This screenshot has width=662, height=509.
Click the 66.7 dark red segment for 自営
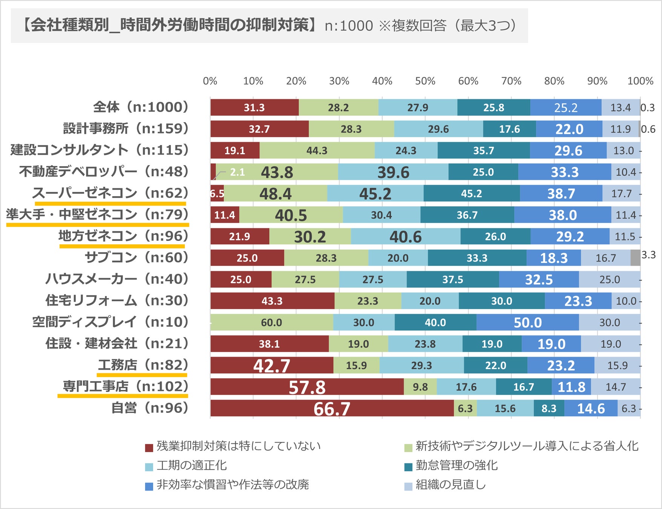point(332,408)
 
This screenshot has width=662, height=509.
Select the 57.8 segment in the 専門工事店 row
point(307,387)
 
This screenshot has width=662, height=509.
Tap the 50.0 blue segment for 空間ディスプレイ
point(527,322)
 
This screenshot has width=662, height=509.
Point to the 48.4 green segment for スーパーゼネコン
point(275,193)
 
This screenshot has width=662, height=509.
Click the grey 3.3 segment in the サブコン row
point(635,258)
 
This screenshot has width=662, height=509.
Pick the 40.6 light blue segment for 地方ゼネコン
point(405,236)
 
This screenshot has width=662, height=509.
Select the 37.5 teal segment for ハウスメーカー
point(453,279)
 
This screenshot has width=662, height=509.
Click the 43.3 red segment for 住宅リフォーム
point(272,301)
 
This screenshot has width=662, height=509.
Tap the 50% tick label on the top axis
point(425,81)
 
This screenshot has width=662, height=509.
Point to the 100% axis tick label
point(640,81)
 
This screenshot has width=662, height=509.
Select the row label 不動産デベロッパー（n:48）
point(104,172)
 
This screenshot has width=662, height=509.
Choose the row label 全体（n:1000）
point(141,107)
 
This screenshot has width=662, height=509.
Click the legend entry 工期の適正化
point(192,465)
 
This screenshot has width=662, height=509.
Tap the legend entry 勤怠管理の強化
point(456,465)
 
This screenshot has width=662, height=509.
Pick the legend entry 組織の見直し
point(450,484)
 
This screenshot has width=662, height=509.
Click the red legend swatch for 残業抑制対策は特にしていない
point(149,448)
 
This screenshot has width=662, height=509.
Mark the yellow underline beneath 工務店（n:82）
point(142,375)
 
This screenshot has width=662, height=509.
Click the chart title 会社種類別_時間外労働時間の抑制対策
point(170,26)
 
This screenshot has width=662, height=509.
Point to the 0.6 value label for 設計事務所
point(648,129)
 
